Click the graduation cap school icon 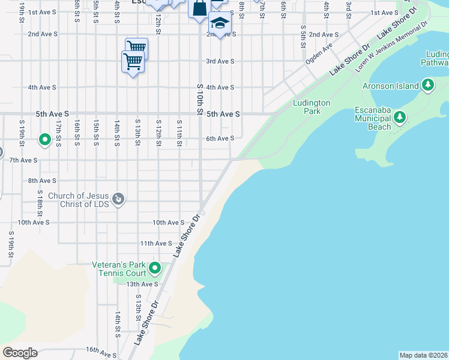(x=220, y=23)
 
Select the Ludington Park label (x=312, y=107)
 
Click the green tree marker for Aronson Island (x=427, y=86)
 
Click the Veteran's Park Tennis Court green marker (x=155, y=268)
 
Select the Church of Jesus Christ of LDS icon (x=118, y=199)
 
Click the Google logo (x=20, y=353)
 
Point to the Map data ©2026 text (x=424, y=355)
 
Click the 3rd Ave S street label (x=220, y=61)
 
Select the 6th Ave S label (x=220, y=139)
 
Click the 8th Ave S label (x=42, y=181)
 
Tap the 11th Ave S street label (x=156, y=243)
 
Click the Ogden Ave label (x=319, y=53)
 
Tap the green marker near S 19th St (x=45, y=140)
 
